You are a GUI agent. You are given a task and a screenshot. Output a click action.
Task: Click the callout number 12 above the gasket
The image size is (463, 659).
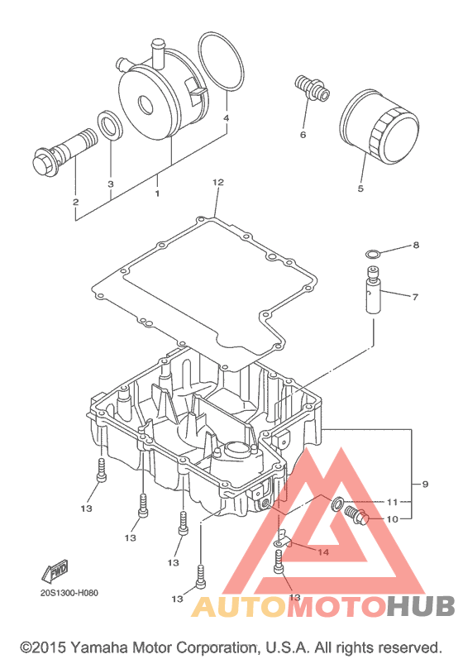click(x=218, y=183)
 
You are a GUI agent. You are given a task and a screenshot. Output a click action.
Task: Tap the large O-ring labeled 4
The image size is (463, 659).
click(x=222, y=61)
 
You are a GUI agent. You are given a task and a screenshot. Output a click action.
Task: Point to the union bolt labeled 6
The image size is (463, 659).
click(x=312, y=88)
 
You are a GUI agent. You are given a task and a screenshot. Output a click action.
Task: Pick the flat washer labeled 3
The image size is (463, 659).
click(x=111, y=125)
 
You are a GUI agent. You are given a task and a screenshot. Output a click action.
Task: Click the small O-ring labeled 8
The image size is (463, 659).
click(x=373, y=254)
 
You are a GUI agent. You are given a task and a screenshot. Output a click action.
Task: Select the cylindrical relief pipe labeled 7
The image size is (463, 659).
click(x=374, y=290)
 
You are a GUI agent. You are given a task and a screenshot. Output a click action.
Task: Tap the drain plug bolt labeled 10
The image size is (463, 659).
click(x=356, y=516)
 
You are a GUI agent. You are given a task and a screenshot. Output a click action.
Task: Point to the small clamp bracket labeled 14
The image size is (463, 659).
click(x=284, y=540)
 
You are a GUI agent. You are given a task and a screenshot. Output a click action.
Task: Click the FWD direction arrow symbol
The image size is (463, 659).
click(x=55, y=571)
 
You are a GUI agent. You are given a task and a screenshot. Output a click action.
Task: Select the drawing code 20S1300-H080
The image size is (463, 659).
click(x=69, y=593)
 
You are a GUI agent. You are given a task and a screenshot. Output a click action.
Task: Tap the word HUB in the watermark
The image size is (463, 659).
click(x=421, y=606)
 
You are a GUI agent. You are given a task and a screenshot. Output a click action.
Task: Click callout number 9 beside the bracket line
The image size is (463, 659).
click(x=425, y=485)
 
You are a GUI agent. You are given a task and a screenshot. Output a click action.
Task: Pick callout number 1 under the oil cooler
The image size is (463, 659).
click(x=157, y=193)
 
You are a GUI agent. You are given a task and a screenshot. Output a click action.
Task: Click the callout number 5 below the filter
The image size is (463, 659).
click(x=360, y=189)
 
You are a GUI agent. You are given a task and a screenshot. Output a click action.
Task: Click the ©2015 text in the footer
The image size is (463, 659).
click(x=44, y=647)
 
